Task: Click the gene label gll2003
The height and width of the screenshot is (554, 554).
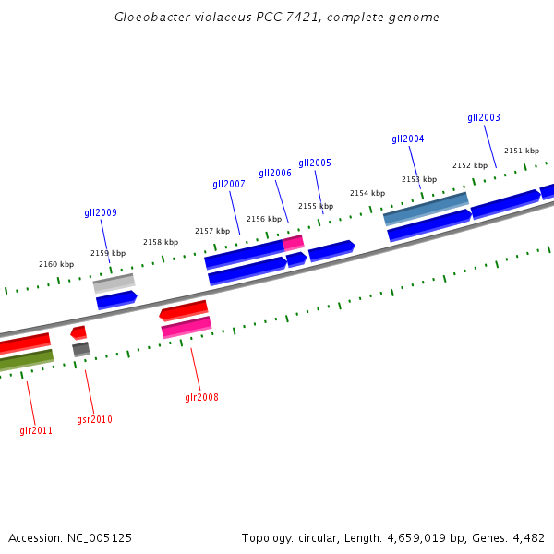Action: [x=484, y=117]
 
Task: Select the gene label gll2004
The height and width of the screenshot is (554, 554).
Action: [x=408, y=138]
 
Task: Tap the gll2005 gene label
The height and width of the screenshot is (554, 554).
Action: [x=315, y=163]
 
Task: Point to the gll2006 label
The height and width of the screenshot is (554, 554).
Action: [x=275, y=173]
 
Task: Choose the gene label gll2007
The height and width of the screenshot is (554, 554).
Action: [x=229, y=184]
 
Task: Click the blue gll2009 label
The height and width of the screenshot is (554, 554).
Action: [x=101, y=212]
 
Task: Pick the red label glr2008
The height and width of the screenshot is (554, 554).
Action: [x=201, y=397]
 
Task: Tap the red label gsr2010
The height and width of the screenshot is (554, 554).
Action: [x=94, y=419]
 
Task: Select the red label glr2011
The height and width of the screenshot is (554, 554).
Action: [x=36, y=430]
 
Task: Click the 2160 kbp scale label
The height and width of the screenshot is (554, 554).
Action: [x=56, y=264]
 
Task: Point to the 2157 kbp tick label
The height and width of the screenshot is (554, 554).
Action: [x=211, y=231]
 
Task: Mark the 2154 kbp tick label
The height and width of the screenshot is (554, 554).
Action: [x=367, y=193]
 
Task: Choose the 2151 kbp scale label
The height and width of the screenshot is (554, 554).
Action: [x=522, y=151]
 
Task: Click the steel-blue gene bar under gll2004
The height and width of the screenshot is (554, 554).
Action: [x=426, y=209]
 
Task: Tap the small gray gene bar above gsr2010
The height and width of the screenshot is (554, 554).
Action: [x=81, y=348]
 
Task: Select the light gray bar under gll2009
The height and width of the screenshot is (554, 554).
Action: [x=114, y=283]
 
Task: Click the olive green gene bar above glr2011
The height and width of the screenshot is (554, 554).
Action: [x=26, y=360]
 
